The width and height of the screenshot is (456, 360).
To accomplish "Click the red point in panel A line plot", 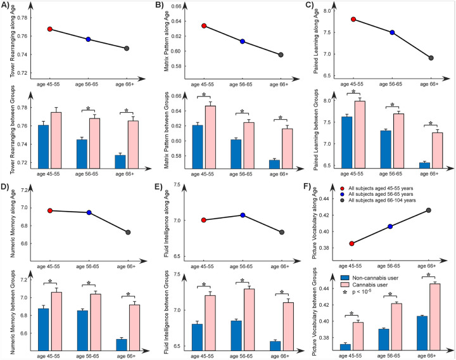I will (x=49, y=29).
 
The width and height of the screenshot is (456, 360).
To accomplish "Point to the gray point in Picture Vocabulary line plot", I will (x=432, y=210).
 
